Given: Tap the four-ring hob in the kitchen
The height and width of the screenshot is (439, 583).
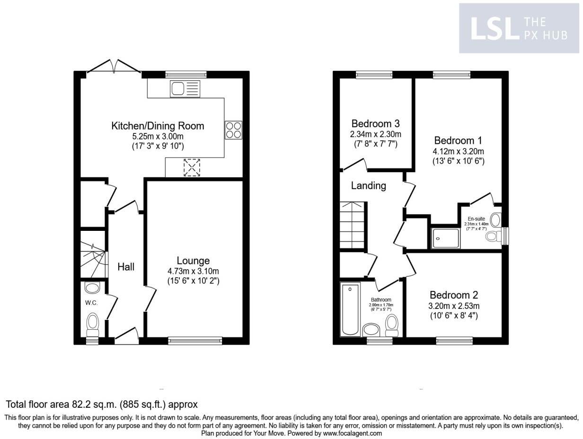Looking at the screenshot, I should (x=233, y=130).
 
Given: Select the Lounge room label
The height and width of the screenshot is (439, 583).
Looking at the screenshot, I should (x=193, y=261).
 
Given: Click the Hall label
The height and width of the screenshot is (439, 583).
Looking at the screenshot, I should (x=126, y=267).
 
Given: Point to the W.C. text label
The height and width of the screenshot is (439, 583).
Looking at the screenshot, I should (x=91, y=303).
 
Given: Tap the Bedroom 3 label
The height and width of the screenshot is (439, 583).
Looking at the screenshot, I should (x=375, y=123).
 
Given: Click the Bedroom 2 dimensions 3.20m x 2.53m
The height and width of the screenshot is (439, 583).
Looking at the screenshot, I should (x=454, y=306).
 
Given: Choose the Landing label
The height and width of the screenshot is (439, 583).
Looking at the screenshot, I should (x=368, y=185).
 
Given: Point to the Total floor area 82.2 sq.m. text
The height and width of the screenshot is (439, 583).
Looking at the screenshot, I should (x=101, y=404).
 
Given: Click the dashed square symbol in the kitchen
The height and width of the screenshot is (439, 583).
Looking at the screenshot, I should (x=192, y=167).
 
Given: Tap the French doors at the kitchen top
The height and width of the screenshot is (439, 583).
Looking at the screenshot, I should (x=114, y=67).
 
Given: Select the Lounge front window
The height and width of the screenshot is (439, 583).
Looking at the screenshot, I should (x=195, y=339).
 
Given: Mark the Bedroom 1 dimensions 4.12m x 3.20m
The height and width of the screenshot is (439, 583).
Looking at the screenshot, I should (x=458, y=151).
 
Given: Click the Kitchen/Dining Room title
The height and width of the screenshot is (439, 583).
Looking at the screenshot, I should (x=158, y=126).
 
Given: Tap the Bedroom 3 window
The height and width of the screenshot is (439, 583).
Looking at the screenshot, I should (x=374, y=74).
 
